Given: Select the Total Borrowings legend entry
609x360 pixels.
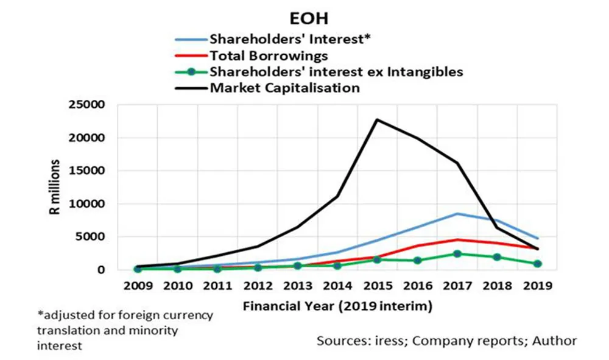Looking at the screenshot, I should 269,55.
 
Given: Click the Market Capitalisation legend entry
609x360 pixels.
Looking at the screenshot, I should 285,88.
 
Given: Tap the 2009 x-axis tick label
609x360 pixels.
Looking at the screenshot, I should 138,286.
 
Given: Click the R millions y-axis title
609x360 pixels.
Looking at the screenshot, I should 55,188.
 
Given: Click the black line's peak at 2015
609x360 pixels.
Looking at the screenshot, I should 377,119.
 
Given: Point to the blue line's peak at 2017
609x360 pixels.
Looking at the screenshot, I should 457,213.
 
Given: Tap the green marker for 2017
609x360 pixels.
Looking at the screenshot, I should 457,253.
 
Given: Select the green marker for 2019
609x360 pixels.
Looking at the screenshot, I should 537,264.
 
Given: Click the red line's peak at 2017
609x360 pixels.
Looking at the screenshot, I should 457,239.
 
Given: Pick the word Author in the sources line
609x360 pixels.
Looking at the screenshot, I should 556,341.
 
